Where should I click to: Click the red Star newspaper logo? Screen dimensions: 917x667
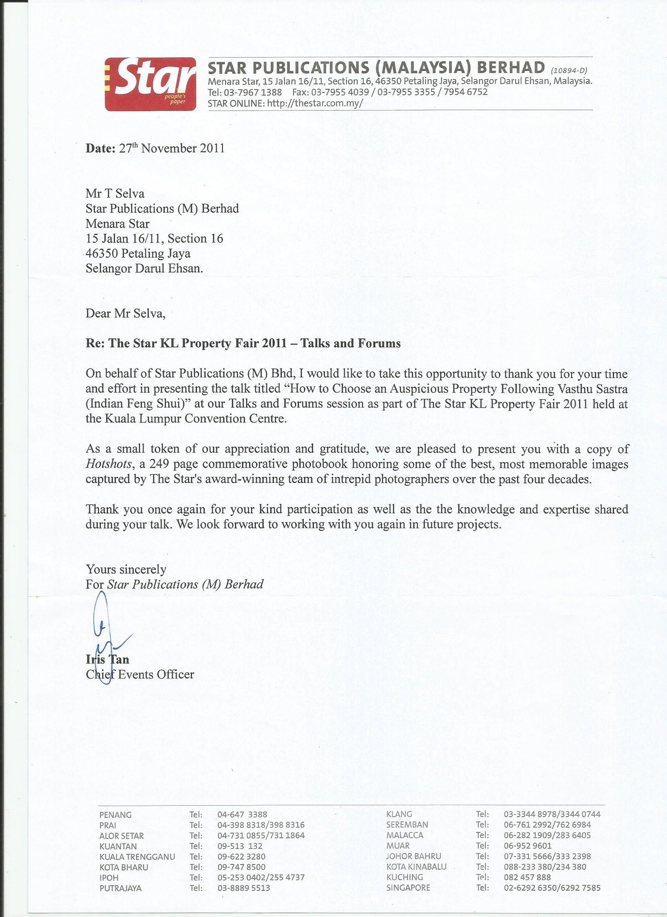[150, 84]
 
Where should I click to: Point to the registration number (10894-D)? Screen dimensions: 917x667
[569, 70]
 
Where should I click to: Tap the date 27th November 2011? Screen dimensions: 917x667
[172, 148]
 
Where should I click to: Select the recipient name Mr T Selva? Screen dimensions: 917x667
[115, 193]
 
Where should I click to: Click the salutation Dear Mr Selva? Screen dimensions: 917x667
[125, 313]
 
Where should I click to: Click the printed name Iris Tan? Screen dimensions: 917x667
[108, 659]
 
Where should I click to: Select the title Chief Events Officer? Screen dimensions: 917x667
[140, 674]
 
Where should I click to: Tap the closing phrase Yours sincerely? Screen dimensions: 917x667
[126, 569]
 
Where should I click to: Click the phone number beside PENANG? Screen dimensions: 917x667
[242, 814]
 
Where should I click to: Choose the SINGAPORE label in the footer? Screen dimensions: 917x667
[408, 888]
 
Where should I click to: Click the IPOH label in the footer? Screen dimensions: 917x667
[109, 877]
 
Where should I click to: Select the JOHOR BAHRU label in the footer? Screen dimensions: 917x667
[414, 856]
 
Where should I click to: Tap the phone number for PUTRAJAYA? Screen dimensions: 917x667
[243, 888]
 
